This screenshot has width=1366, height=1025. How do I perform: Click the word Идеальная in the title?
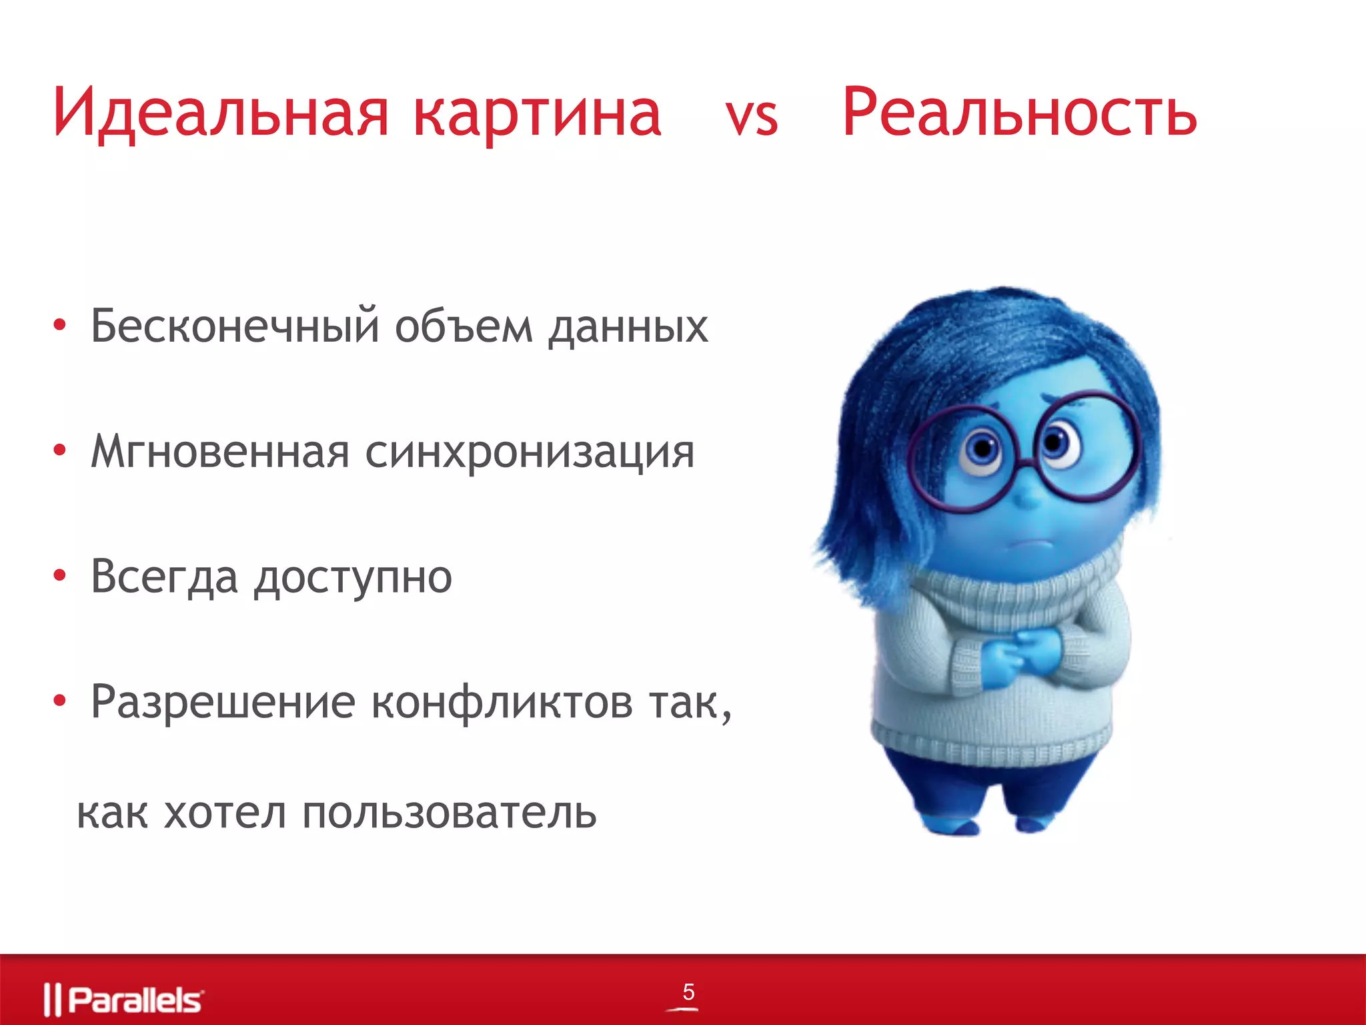[x=220, y=113]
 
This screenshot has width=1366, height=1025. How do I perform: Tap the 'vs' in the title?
[x=752, y=119]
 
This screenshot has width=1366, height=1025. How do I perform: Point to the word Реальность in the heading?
[x=1019, y=113]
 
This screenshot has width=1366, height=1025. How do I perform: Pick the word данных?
[x=628, y=328]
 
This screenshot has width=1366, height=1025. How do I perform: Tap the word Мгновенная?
[x=220, y=452]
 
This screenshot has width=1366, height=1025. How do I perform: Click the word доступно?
[x=353, y=578]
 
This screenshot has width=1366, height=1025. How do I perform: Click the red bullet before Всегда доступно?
[x=60, y=575]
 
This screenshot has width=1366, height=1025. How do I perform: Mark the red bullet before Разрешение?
[x=60, y=701]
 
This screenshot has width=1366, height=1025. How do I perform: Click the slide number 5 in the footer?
[x=688, y=992]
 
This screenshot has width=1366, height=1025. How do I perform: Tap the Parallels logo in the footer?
[x=124, y=1000]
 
